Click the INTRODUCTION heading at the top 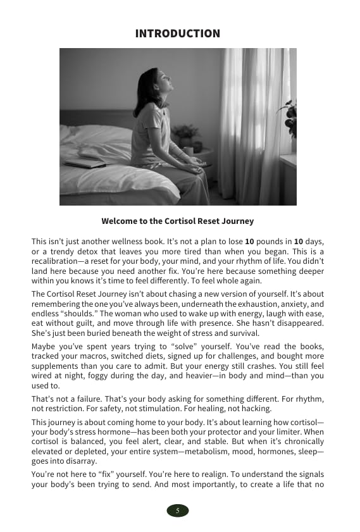coord(178,34)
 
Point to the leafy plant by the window coord(290,117)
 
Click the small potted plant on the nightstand coord(186,136)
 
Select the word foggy coord(92,375)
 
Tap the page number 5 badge coord(177,510)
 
